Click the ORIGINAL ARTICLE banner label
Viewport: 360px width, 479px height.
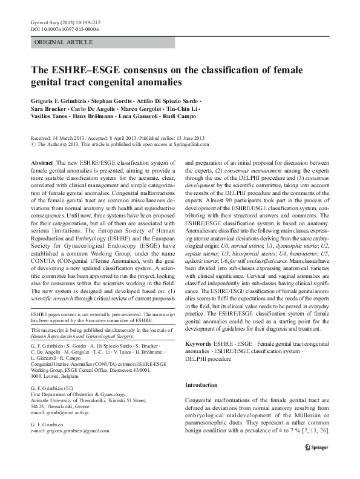click(64, 42)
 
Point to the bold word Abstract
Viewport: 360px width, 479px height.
click(41, 164)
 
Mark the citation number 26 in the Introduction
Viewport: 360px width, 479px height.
click(324, 448)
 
